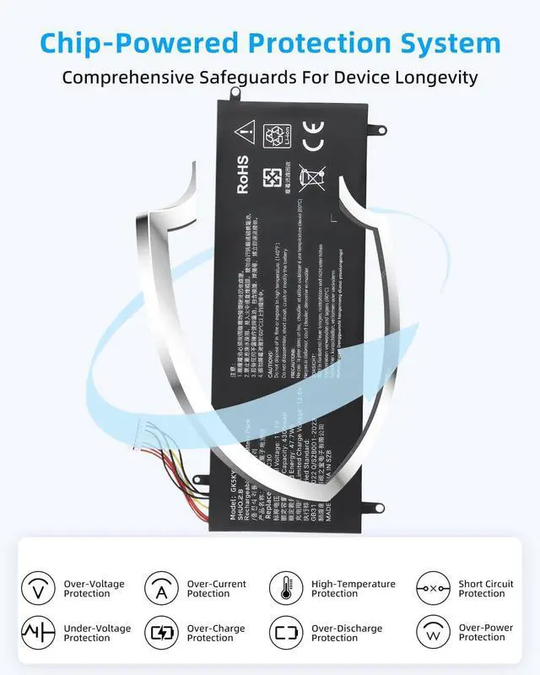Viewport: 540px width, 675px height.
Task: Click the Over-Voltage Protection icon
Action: [x=37, y=588]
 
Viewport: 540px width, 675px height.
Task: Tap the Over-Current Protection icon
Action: [x=160, y=588]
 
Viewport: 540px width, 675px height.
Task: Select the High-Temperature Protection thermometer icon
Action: [x=285, y=588]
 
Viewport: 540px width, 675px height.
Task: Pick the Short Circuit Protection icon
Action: [x=433, y=588]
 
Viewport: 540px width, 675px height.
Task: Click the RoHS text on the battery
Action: [x=243, y=175]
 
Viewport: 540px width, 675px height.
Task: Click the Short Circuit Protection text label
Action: [x=486, y=588]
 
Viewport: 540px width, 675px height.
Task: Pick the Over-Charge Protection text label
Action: [x=216, y=633]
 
